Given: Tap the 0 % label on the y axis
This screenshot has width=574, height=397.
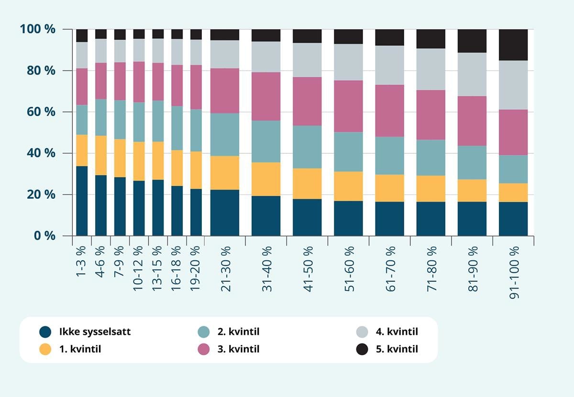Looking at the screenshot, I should tap(44, 236).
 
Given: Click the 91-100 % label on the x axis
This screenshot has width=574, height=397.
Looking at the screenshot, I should tap(513, 273).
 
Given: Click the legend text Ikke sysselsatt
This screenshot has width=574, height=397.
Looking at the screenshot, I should tap(95, 332).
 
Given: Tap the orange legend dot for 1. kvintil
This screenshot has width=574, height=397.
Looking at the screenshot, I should tap(45, 349).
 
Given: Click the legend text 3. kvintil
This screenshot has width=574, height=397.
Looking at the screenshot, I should tap(238, 349).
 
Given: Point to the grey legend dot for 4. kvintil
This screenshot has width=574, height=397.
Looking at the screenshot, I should tap(363, 332).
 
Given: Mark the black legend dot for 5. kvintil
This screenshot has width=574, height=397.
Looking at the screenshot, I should tap(363, 349).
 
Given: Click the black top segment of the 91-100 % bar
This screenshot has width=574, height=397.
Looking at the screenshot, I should tap(513, 44).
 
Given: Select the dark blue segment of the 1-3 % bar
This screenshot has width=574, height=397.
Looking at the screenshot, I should tap(82, 201).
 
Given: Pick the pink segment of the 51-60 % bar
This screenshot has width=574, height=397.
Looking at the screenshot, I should tap(348, 106).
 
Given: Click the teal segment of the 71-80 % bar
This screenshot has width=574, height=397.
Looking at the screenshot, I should tap(430, 158).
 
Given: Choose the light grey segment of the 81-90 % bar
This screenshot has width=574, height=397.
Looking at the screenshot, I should tap(472, 74).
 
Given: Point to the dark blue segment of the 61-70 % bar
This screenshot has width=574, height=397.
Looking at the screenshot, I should tap(389, 219).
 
